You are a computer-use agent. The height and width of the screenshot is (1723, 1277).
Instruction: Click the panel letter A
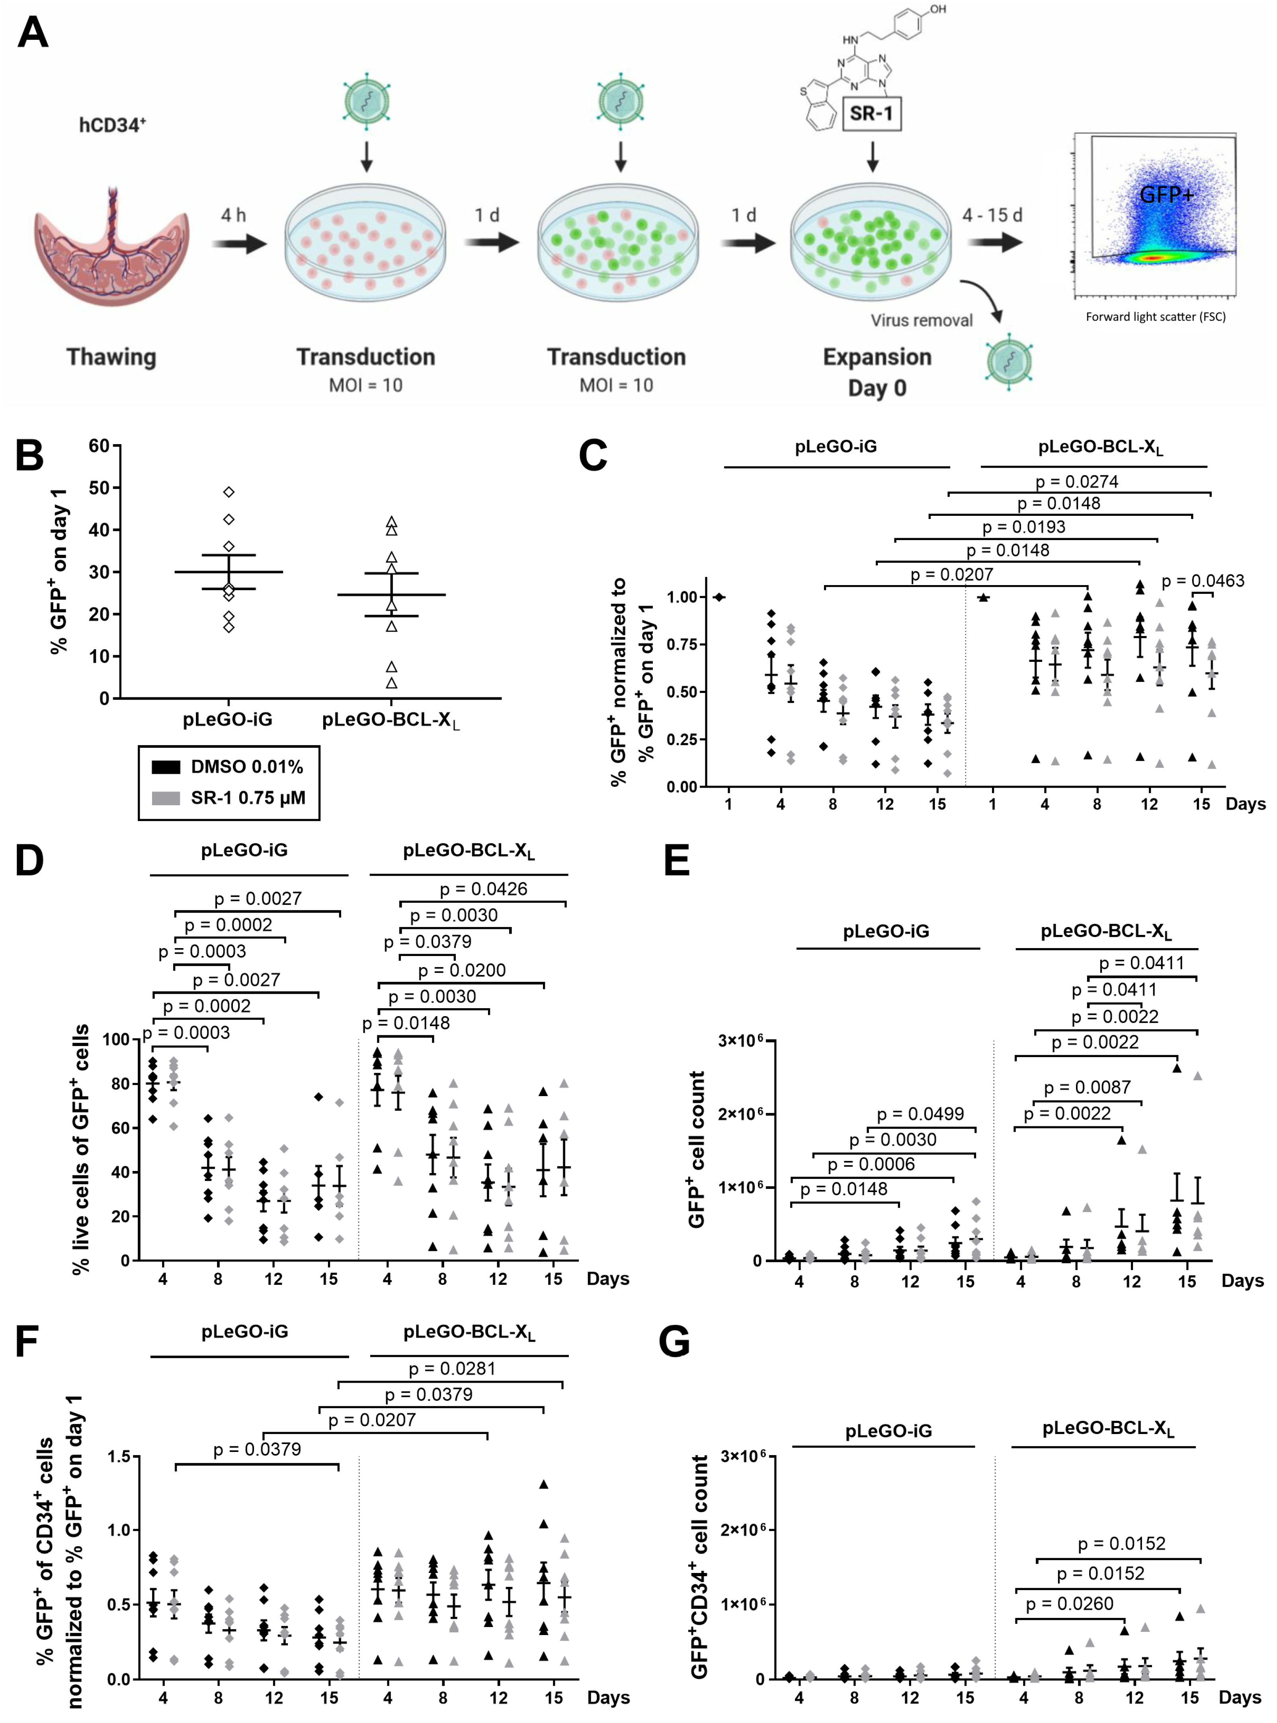coord(33,33)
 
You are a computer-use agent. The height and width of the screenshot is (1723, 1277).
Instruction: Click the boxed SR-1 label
coord(871,113)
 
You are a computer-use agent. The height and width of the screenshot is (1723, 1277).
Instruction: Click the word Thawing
coord(111,357)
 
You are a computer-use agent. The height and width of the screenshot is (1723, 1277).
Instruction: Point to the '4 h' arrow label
coord(233,215)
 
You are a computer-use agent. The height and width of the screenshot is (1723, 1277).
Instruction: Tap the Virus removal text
coord(922,320)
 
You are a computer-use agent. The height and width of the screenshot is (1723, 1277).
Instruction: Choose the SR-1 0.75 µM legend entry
coord(247,798)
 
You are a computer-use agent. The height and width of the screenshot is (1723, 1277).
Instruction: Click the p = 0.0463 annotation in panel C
coord(1203,581)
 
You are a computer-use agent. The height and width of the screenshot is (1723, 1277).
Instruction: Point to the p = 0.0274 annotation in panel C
coord(1077,482)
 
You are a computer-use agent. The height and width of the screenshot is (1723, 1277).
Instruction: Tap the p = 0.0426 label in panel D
coord(483,889)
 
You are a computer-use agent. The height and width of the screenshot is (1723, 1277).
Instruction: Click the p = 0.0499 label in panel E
coord(920,1114)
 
